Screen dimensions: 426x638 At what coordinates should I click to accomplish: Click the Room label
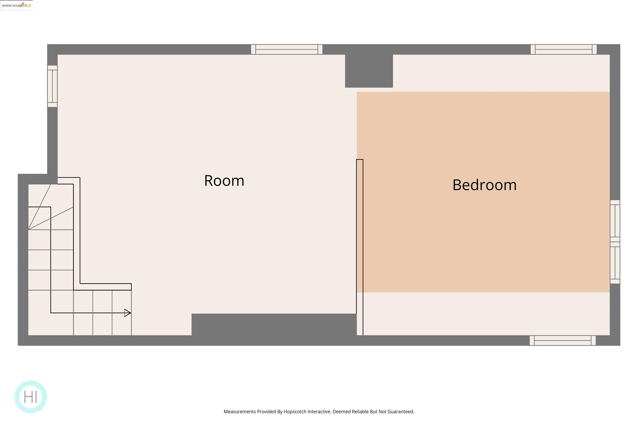click(224, 181)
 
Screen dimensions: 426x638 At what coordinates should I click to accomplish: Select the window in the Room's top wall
click(287, 50)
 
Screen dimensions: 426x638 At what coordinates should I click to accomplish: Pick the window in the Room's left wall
click(52, 86)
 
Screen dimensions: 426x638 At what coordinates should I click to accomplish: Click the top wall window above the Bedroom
click(564, 50)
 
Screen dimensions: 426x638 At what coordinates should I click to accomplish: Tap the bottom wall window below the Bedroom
click(563, 341)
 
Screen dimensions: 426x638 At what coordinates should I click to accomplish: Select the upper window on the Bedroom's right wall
click(615, 221)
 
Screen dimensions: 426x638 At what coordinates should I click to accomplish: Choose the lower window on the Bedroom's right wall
click(615, 263)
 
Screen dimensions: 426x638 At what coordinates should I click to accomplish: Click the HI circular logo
click(31, 397)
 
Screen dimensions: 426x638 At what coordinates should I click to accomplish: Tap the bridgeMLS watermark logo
click(17, 5)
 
